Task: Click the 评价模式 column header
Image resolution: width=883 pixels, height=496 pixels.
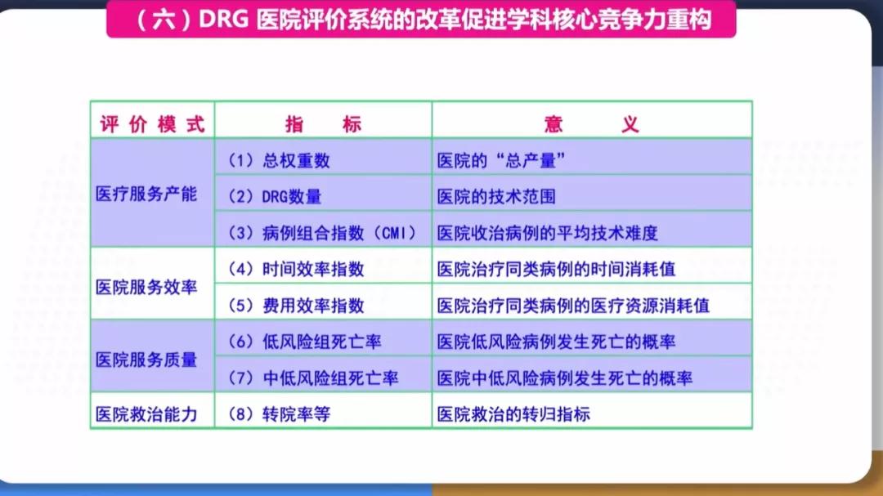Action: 152,124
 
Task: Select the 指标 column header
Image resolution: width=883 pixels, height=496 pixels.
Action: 323,124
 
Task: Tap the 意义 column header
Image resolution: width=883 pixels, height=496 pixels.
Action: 591,124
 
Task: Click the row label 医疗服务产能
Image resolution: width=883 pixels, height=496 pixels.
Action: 146,194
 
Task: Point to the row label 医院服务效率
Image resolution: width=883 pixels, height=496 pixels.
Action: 146,287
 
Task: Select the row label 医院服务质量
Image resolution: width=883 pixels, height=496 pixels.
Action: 146,360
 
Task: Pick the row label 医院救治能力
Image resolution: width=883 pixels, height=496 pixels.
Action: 146,413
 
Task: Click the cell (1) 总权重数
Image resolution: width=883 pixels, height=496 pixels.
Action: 279,161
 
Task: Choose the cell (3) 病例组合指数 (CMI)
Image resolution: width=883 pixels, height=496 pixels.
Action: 323,233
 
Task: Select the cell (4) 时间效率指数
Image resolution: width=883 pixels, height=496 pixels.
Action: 296,269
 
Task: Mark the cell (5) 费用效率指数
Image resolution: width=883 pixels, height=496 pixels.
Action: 296,306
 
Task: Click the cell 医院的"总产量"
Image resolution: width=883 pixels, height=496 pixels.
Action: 501,161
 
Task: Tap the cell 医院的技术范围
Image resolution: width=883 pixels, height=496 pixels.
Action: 496,197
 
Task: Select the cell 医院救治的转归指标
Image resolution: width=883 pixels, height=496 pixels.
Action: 513,414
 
